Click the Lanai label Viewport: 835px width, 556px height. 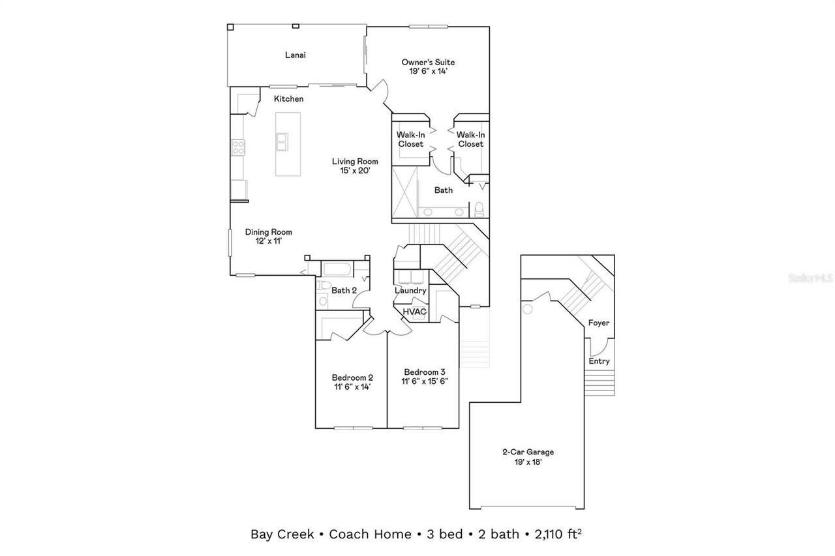coord(295,55)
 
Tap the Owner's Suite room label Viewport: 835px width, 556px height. coord(428,63)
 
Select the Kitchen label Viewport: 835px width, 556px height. coord(288,99)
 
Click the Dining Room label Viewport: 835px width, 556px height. coord(268,232)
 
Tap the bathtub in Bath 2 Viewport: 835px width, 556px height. coord(337,269)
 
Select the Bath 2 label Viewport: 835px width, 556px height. coord(344,290)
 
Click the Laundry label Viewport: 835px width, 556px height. coord(410,291)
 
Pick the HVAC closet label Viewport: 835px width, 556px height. coord(414,312)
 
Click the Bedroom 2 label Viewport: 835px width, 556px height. coord(352,377)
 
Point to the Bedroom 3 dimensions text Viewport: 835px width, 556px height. coord(425,381)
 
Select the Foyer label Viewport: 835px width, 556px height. coord(599,323)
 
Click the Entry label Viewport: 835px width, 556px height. coord(599,361)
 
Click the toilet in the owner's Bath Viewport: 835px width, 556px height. coord(479,209)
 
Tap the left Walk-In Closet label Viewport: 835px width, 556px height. coord(410,139)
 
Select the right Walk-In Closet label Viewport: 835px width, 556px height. coord(470,139)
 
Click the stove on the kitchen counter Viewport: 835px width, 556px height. coord(237,148)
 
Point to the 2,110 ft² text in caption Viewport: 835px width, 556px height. coord(557,534)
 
